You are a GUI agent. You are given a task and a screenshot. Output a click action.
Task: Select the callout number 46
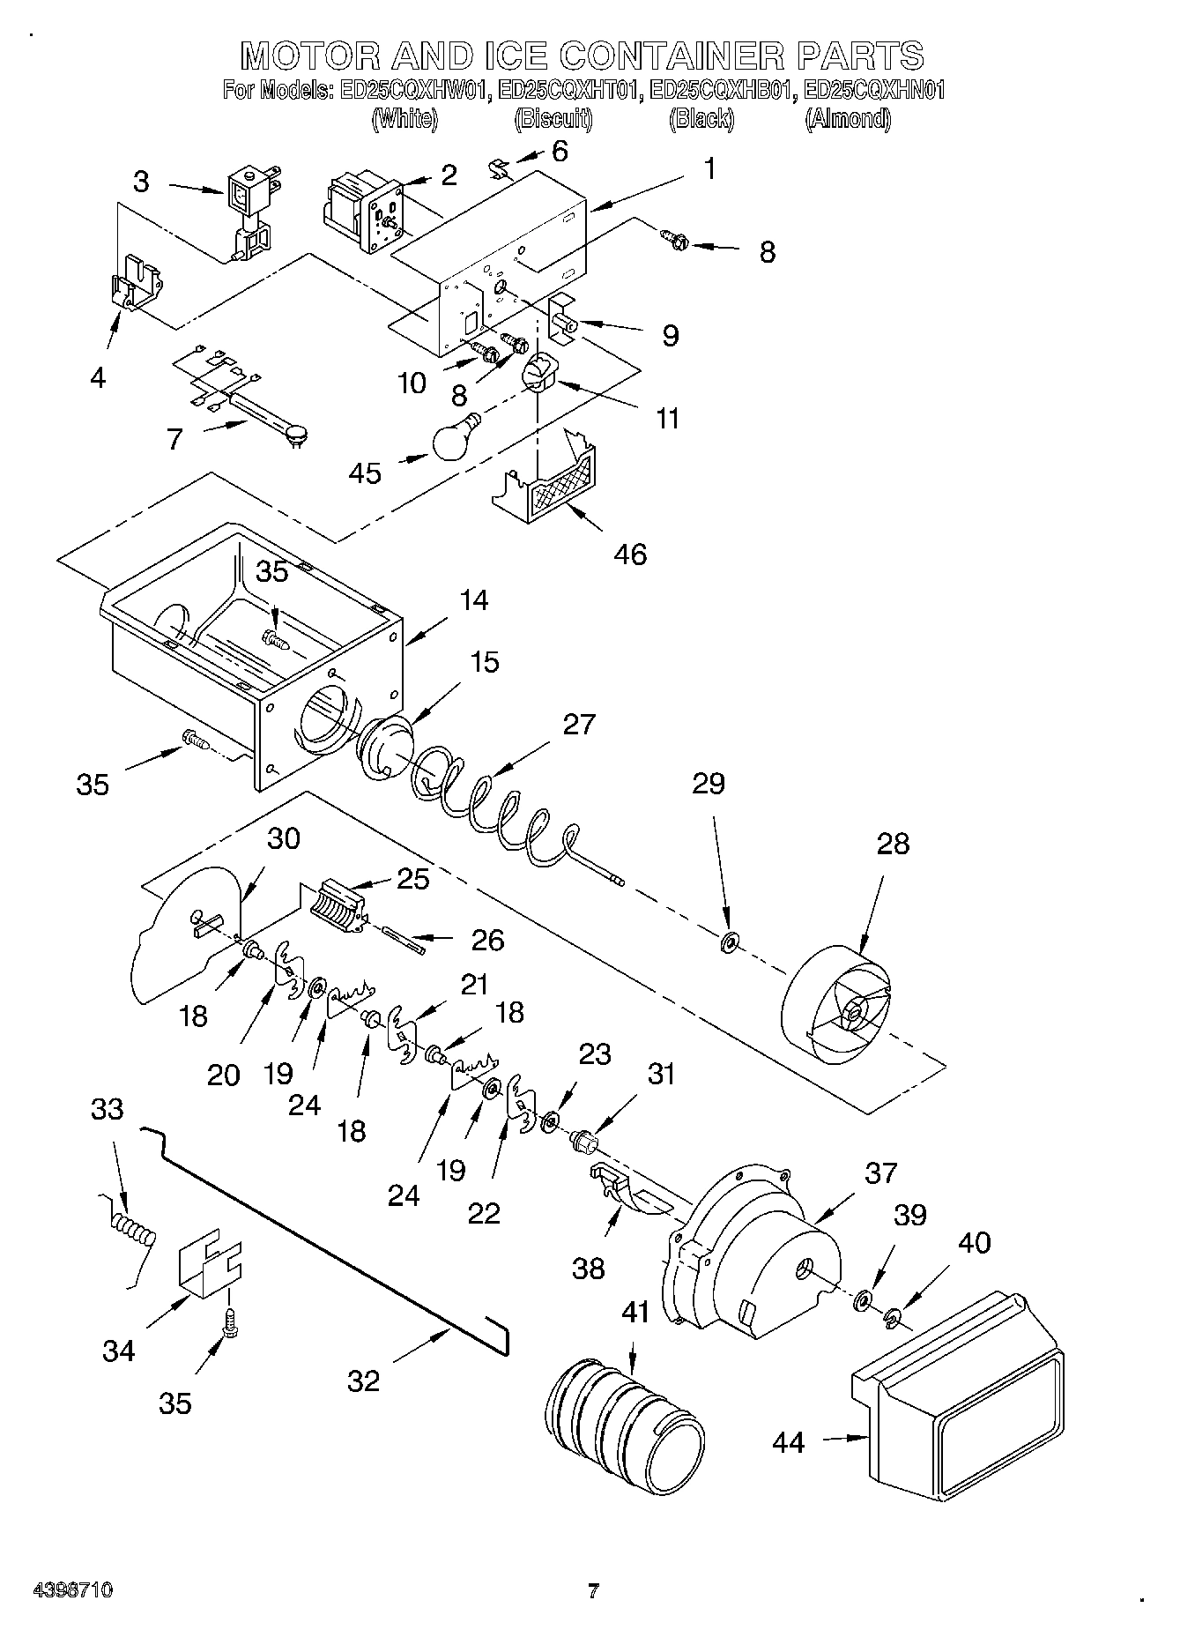click(x=631, y=554)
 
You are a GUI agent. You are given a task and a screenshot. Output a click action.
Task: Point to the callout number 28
click(x=893, y=844)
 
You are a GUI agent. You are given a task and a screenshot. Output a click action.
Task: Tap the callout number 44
click(x=788, y=1442)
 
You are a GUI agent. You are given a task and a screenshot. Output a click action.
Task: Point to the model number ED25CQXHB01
click(x=723, y=90)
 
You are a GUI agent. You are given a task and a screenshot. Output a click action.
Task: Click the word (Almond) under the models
click(x=847, y=119)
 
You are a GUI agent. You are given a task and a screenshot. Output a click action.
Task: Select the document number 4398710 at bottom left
click(x=72, y=1590)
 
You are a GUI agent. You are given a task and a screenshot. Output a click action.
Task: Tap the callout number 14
click(x=473, y=600)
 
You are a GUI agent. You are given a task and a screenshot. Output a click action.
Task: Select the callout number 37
click(x=880, y=1172)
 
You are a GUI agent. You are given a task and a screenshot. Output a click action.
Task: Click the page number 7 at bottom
click(x=593, y=1591)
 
